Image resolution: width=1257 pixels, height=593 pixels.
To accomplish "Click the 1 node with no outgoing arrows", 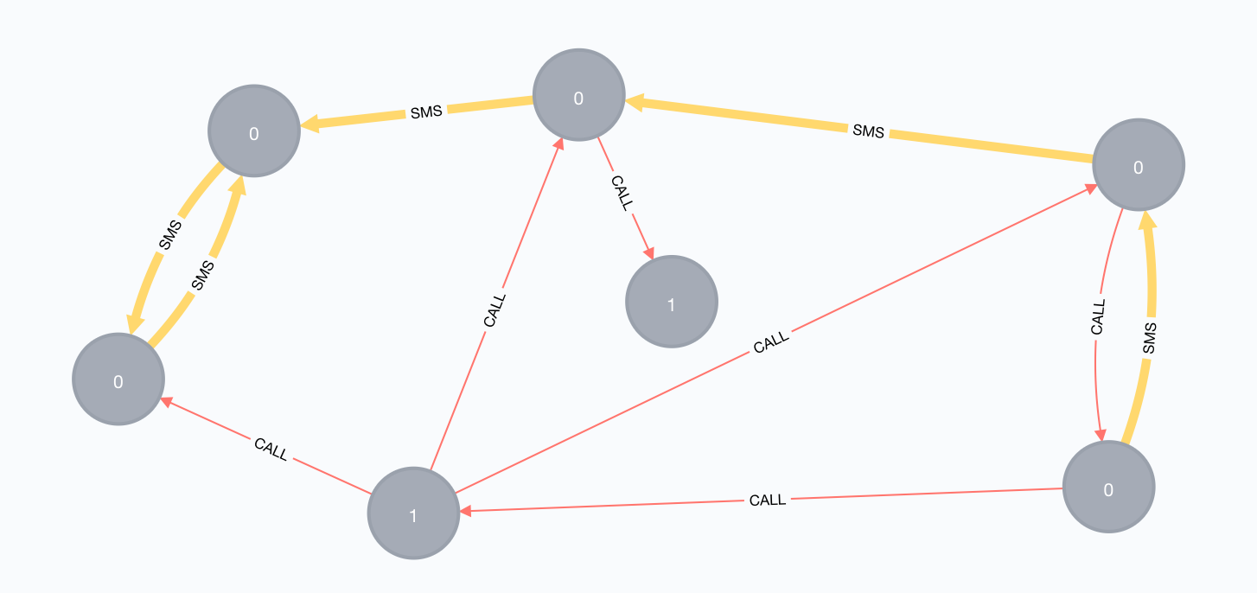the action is [672, 302].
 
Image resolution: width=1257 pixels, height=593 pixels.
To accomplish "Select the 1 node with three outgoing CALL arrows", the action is [413, 513].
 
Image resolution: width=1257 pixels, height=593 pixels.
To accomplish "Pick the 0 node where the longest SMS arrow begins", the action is [1138, 165].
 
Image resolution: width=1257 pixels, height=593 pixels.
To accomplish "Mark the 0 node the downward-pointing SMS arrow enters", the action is [118, 379].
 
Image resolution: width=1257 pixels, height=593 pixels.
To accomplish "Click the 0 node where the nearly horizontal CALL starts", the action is [1108, 488].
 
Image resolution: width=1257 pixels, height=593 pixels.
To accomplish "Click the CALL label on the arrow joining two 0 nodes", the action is [1098, 317].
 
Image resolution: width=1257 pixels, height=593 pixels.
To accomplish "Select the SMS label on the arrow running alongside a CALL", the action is [1148, 338].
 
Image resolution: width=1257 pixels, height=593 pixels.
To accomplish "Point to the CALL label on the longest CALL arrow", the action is [771, 343].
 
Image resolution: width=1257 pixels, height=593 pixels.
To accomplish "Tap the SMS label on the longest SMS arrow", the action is [868, 131].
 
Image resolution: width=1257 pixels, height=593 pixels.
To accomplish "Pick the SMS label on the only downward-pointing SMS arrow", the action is [171, 235].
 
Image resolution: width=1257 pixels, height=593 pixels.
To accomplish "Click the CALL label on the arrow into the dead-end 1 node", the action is [622, 192].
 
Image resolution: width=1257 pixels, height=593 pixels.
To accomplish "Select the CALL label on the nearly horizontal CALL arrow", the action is [767, 500].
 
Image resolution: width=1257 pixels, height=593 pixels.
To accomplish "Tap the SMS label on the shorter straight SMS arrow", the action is [426, 112].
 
